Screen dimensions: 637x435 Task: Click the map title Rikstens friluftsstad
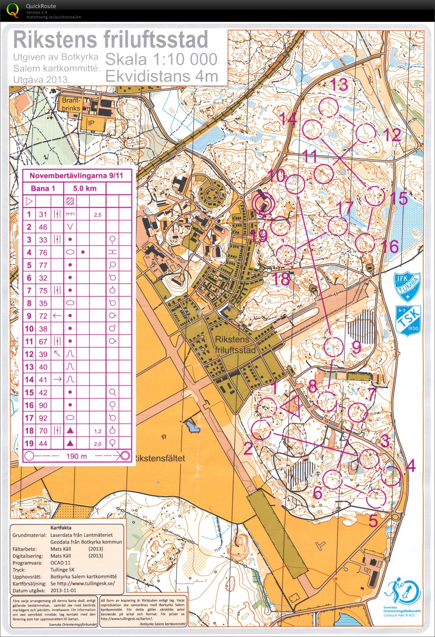[x=111, y=40]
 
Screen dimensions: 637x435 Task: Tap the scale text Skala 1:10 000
[x=161, y=59]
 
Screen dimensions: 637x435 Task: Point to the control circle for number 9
[x=333, y=347]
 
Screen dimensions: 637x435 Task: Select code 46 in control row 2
[x=43, y=227]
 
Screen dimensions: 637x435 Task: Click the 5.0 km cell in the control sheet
[x=85, y=188]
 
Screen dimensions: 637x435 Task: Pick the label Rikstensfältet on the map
[x=159, y=458]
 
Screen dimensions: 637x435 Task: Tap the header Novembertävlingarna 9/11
[x=76, y=175]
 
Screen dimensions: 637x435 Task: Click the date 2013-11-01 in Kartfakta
[x=64, y=591]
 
